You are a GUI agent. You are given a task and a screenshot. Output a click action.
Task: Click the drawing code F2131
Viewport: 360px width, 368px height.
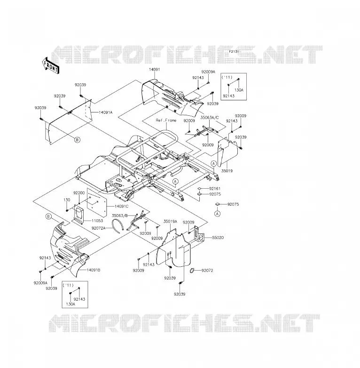pos(234,51)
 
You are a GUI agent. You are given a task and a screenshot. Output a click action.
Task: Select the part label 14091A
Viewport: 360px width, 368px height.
pos(105,112)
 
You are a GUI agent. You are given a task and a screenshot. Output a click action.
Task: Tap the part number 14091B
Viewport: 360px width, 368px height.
pos(94,270)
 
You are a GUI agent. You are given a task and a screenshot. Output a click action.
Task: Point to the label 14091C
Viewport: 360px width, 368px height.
pos(122,206)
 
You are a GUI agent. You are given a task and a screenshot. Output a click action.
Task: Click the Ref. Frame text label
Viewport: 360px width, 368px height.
pos(166,120)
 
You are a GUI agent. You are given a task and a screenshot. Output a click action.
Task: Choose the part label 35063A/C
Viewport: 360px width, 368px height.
pos(210,117)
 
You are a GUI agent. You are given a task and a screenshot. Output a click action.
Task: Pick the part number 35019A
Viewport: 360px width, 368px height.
pos(171,221)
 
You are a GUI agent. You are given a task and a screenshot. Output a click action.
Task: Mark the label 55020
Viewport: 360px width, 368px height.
pos(218,238)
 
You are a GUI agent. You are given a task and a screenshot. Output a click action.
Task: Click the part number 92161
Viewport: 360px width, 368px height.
pos(215,188)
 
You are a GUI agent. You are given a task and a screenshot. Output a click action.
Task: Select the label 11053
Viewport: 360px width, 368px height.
pos(97,221)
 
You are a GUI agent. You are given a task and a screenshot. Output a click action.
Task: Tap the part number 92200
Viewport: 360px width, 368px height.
pos(79,193)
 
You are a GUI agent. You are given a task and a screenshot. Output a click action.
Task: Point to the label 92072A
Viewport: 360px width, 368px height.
pos(99,228)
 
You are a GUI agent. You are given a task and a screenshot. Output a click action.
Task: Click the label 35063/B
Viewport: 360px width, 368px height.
pos(119,215)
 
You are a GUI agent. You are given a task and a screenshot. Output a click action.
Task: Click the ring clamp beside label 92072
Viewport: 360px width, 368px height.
pos(192,271)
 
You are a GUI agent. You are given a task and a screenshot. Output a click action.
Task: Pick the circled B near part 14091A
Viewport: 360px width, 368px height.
pos(77,140)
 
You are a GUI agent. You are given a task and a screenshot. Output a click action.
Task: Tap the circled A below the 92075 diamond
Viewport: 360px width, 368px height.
pos(218,214)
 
